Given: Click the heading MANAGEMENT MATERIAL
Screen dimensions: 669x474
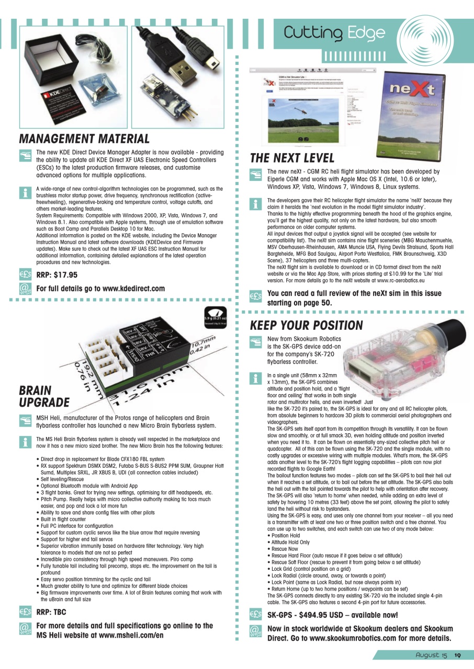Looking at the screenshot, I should click(x=84, y=139).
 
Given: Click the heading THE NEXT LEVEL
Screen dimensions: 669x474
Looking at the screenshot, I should click(x=292, y=158).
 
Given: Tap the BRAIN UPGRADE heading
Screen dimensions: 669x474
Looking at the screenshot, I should click(x=44, y=396).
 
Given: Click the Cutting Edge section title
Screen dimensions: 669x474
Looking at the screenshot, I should click(x=334, y=33).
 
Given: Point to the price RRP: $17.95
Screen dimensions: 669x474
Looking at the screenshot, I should click(x=57, y=275).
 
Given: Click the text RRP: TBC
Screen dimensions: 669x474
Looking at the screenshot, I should click(x=50, y=612).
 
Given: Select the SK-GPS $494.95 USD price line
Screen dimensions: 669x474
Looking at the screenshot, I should click(x=332, y=615).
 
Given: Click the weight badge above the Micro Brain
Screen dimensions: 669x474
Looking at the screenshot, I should click(x=213, y=315).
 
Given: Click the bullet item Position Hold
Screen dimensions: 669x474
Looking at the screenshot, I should click(x=285, y=536).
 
